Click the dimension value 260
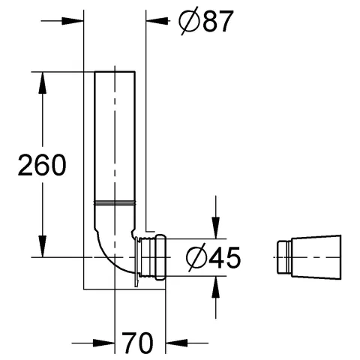41,164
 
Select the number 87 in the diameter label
209,22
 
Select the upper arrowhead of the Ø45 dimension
217,229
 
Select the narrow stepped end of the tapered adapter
282,257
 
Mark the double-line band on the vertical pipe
113,202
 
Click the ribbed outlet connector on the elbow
151,257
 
